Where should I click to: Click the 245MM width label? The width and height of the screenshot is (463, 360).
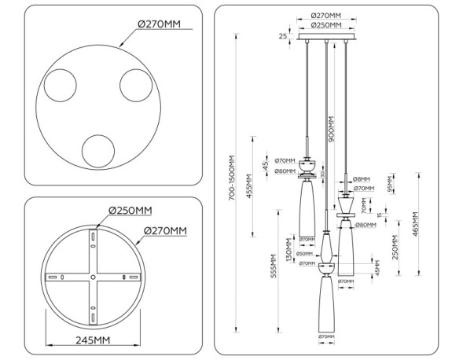pyautogui.click(x=92, y=340)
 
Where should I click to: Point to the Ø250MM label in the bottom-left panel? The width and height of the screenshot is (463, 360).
pyautogui.click(x=130, y=210)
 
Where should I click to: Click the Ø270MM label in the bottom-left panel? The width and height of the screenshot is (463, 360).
pyautogui.click(x=164, y=230)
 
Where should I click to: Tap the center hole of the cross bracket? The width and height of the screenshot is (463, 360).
pyautogui.click(x=93, y=277)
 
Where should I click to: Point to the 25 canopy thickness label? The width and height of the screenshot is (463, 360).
pyautogui.click(x=281, y=36)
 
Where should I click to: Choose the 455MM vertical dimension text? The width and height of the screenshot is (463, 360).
pyautogui.click(x=250, y=186)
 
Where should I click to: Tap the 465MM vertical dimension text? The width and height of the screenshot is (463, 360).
pyautogui.click(x=415, y=226)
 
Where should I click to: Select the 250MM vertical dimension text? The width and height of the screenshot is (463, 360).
pyautogui.click(x=395, y=248)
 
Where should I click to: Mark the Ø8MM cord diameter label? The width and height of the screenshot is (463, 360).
pyautogui.click(x=362, y=178)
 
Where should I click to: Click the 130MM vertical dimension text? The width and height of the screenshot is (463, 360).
pyautogui.click(x=288, y=252)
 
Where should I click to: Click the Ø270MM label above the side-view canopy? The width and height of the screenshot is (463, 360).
pyautogui.click(x=325, y=16)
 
